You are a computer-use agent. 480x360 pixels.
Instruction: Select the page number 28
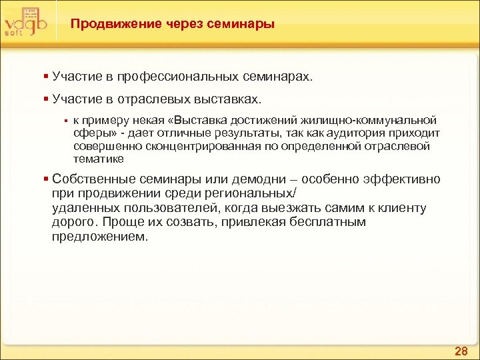461,350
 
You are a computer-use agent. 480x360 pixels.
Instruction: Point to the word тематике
98,159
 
